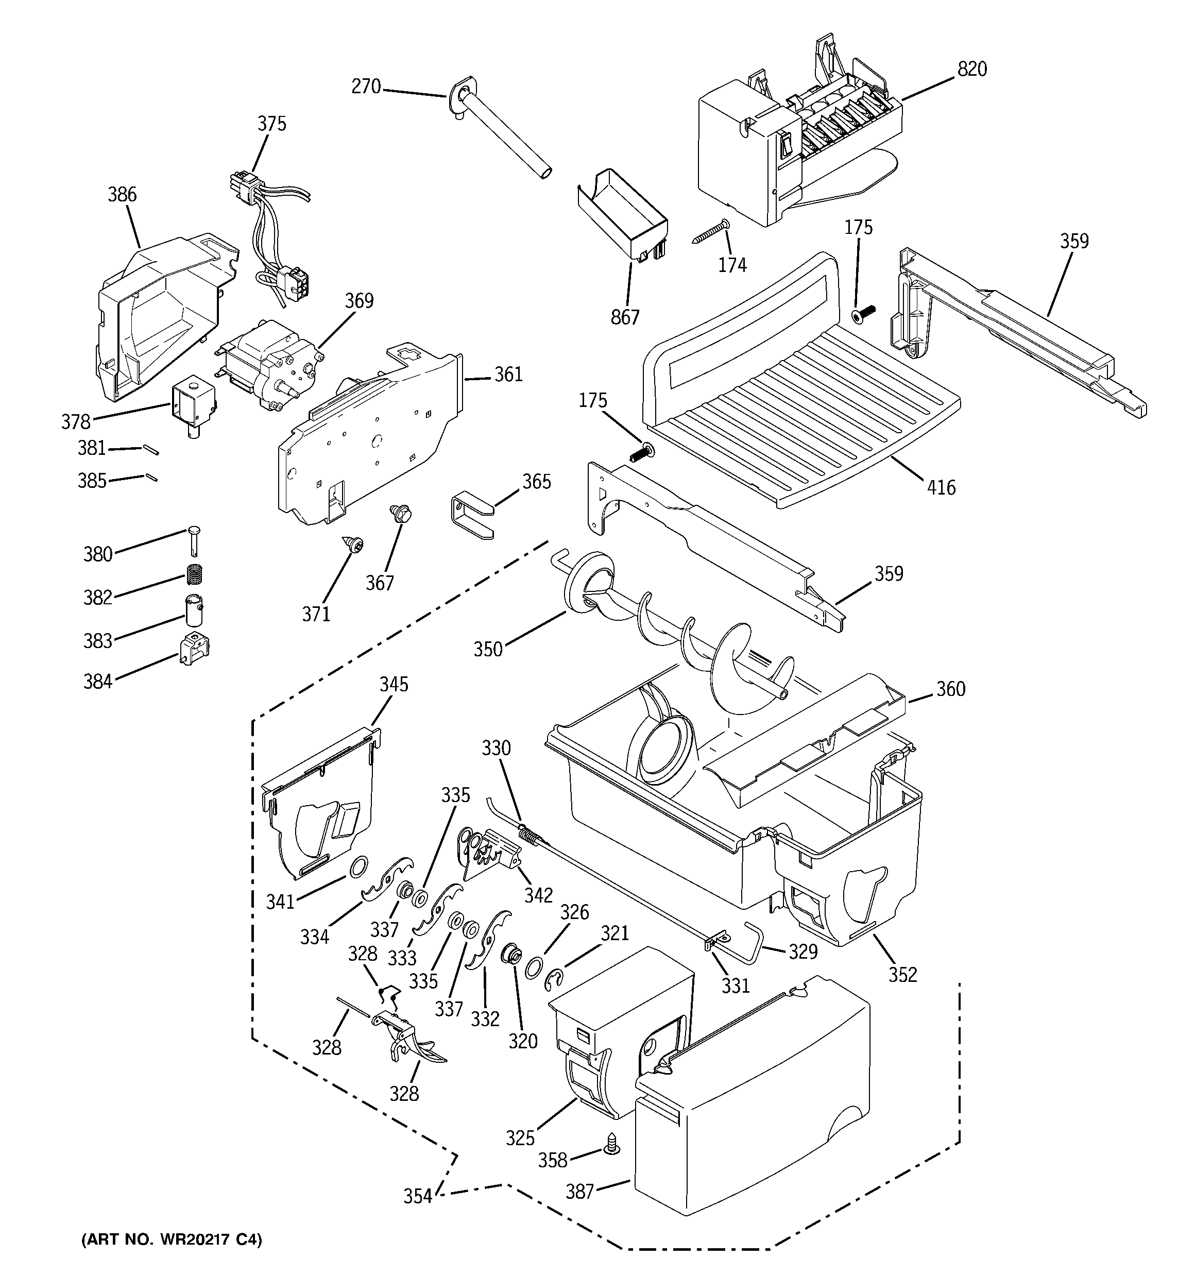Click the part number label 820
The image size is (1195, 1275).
(972, 69)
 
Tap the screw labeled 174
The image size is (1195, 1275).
(711, 232)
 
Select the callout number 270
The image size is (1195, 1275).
(366, 87)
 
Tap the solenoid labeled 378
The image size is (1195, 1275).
(191, 409)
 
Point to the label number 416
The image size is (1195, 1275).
(941, 487)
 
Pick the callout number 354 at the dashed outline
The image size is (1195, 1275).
(418, 1197)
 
